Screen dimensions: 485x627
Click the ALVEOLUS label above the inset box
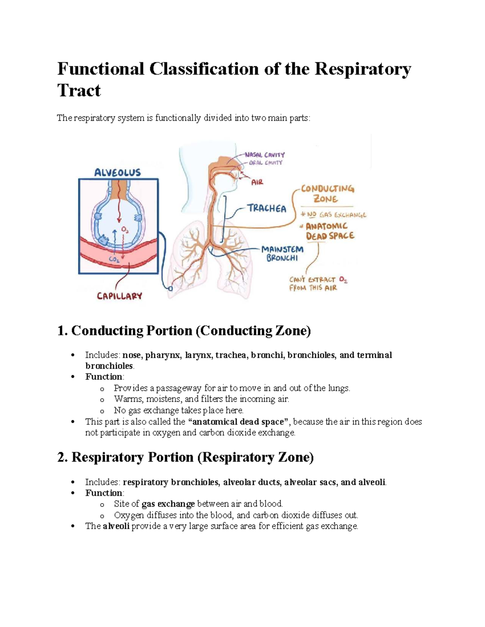click(117, 173)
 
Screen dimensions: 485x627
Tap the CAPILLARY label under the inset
click(119, 296)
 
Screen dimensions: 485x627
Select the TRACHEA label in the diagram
click(267, 209)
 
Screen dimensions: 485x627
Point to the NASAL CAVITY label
click(265, 155)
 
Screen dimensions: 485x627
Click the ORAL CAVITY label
click(266, 163)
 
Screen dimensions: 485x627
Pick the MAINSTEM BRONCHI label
click(282, 254)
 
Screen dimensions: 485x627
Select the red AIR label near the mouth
click(257, 182)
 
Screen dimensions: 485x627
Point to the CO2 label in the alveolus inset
click(114, 260)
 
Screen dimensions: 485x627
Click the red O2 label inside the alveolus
click(125, 230)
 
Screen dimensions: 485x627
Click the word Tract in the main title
click(79, 90)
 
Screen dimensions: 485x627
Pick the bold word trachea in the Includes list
click(230, 355)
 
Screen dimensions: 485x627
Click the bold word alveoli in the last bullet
click(116, 526)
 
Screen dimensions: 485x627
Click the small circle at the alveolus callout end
click(171, 289)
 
